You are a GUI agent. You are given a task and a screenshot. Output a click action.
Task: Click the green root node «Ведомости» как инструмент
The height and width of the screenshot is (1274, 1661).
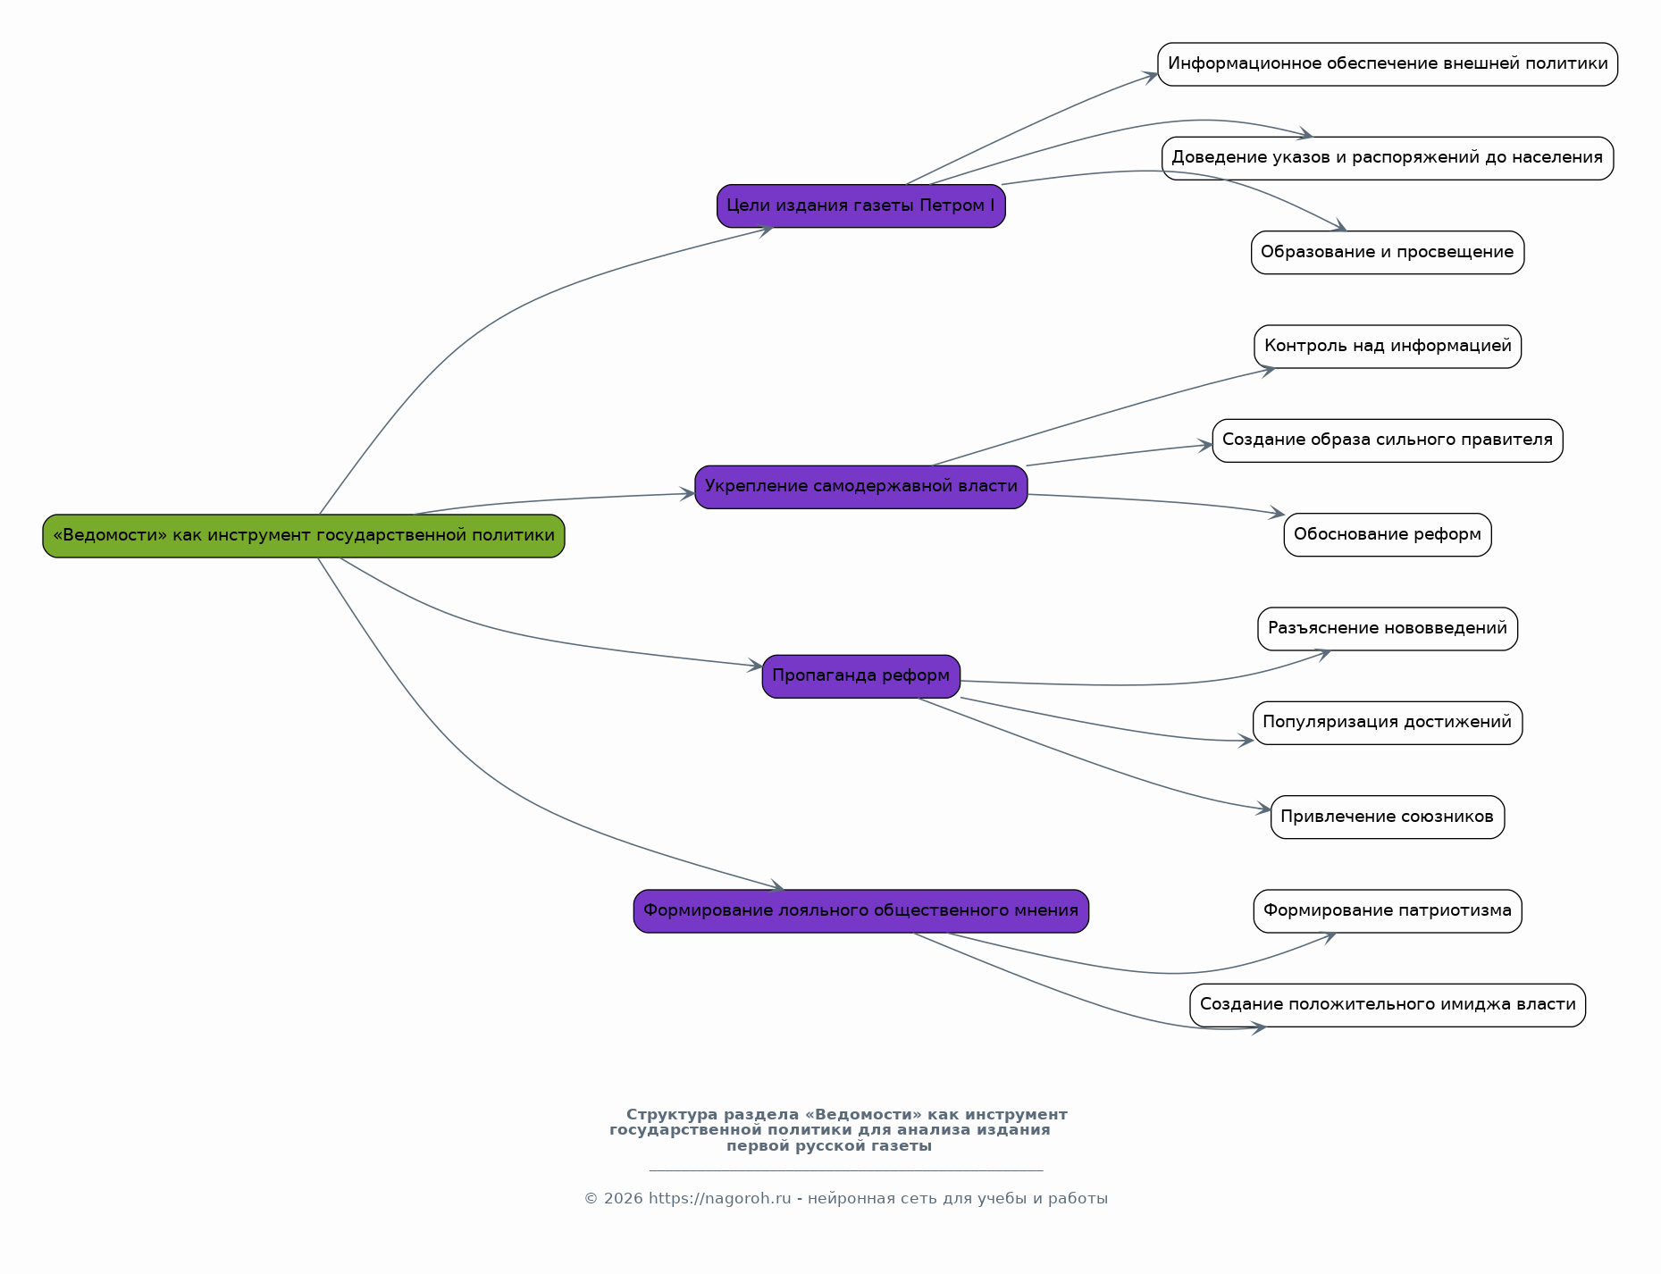(304, 536)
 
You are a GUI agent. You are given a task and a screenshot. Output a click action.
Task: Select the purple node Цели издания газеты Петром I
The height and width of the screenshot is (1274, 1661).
(861, 206)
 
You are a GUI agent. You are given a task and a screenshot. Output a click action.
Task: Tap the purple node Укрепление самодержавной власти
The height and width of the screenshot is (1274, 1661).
(861, 487)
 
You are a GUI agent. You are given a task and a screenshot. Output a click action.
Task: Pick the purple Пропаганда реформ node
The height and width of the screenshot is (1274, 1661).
(861, 676)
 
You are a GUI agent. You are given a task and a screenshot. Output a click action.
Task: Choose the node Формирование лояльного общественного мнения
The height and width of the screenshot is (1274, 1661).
(861, 911)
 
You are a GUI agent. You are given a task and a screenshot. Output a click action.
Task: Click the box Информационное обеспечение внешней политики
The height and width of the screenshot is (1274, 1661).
(1388, 64)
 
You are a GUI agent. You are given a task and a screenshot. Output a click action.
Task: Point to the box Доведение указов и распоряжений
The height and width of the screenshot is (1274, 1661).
(1388, 158)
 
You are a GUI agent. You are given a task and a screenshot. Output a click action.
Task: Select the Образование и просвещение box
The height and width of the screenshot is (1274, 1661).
(1388, 253)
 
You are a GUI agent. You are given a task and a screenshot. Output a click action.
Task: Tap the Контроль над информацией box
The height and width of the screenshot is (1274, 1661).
(1388, 347)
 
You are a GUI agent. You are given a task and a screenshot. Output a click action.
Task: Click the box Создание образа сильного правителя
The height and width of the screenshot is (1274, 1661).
(1388, 440)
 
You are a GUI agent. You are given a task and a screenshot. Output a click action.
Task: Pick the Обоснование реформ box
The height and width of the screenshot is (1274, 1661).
(1388, 535)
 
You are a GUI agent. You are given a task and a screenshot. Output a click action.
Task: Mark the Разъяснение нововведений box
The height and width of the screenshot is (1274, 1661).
(1388, 629)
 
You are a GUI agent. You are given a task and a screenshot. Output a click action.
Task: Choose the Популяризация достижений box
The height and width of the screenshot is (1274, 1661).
(1388, 723)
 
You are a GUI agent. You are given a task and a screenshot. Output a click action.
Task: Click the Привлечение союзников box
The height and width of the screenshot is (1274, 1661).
(1388, 817)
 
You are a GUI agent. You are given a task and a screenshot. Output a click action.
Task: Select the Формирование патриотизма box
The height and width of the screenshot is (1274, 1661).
(1388, 911)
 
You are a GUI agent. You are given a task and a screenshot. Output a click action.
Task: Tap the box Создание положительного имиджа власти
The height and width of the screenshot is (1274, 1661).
(1388, 1005)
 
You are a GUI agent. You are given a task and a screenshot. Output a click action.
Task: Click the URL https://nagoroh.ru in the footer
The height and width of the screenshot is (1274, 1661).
(720, 1199)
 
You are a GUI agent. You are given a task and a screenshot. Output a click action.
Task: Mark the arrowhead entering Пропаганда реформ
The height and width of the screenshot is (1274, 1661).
(756, 666)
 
